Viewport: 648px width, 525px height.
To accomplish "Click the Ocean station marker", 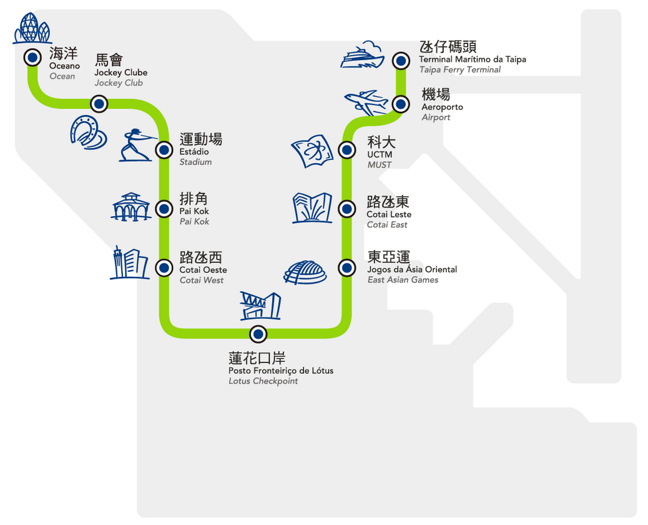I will pyautogui.click(x=32, y=58).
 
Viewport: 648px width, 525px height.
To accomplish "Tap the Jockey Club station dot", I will pyautogui.click(x=99, y=104).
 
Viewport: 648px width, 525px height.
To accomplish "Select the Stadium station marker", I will pyautogui.click(x=164, y=149).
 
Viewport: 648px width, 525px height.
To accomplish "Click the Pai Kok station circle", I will pyautogui.click(x=164, y=209).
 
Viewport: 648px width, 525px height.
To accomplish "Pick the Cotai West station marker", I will pyautogui.click(x=164, y=268).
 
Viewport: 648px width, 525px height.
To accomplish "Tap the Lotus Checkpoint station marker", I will pyautogui.click(x=258, y=334).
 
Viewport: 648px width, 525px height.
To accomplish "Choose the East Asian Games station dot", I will pyautogui.click(x=346, y=268).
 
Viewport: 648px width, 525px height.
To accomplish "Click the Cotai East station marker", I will pyautogui.click(x=346, y=209).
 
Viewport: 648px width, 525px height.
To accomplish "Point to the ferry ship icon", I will pyautogui.click(x=362, y=56).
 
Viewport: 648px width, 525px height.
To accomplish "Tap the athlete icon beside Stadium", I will pyautogui.click(x=135, y=146).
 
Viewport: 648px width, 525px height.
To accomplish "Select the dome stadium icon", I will pyautogui.click(x=305, y=272).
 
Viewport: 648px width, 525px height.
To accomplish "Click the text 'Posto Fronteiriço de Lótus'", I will pyautogui.click(x=281, y=371).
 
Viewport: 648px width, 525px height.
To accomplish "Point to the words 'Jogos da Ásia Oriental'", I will pyautogui.click(x=412, y=269).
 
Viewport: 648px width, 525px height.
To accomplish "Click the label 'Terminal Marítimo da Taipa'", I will pyautogui.click(x=473, y=59).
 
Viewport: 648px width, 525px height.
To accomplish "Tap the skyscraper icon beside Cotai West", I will pyautogui.click(x=129, y=263).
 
